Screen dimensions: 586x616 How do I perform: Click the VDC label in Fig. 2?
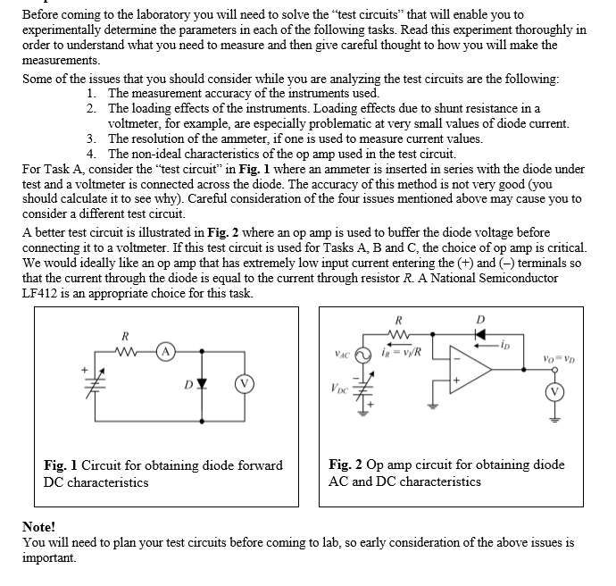pyautogui.click(x=341, y=389)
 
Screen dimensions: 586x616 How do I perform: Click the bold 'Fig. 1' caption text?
pyautogui.click(x=61, y=465)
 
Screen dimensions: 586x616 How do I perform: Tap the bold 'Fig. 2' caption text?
pyautogui.click(x=345, y=465)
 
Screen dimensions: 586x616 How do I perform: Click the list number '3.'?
pyautogui.click(x=93, y=138)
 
